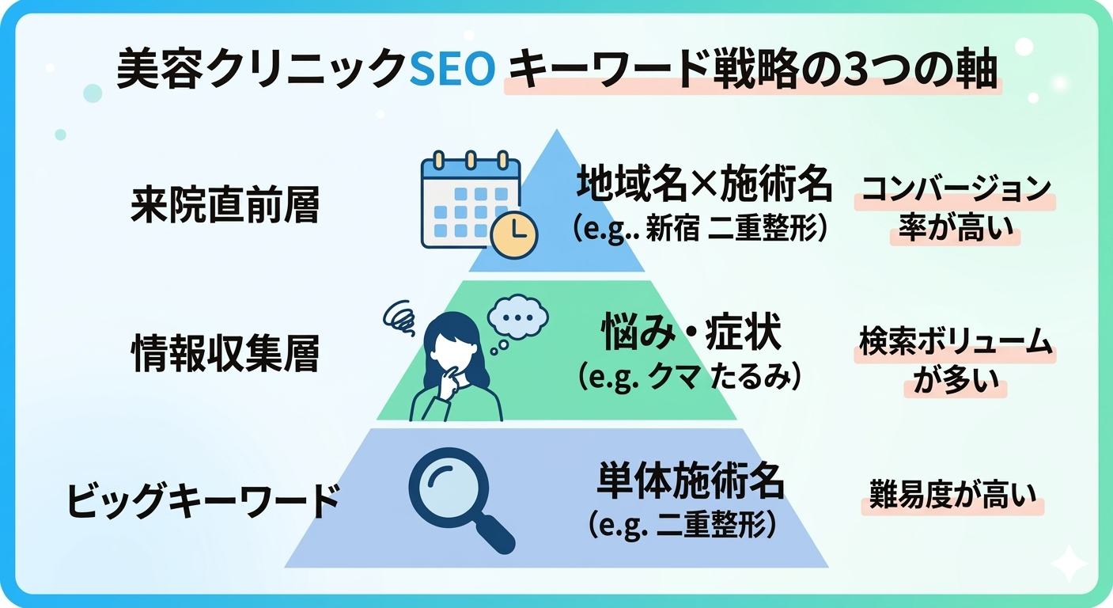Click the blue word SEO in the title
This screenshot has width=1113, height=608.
(x=453, y=71)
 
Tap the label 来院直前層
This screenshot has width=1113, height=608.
(x=225, y=207)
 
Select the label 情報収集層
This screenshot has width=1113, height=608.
(x=225, y=355)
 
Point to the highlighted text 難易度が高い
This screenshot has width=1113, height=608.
(x=952, y=496)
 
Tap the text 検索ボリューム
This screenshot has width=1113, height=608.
(x=956, y=342)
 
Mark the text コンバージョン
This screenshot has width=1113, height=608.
(x=955, y=190)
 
